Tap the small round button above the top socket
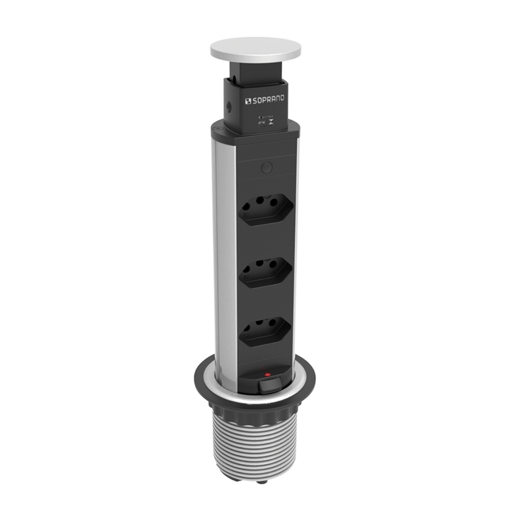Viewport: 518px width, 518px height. (266, 167)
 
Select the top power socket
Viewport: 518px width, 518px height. (265, 210)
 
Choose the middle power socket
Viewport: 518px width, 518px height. (265, 272)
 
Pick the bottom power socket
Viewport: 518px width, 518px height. (265, 332)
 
